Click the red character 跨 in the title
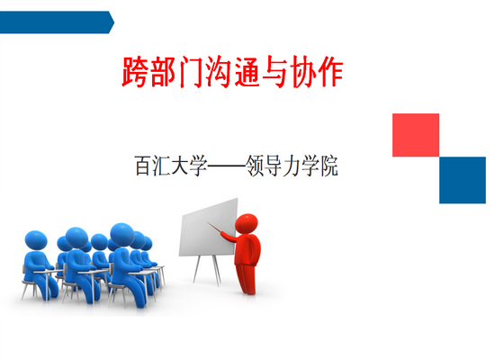135,72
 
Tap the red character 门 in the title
191,72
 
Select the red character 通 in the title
247,72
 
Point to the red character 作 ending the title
330,72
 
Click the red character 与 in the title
274,72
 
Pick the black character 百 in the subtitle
143,166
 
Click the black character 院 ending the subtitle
329,166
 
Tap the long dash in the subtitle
226,166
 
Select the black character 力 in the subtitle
292,166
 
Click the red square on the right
416,135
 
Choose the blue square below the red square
463,180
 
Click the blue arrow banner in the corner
57,22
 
